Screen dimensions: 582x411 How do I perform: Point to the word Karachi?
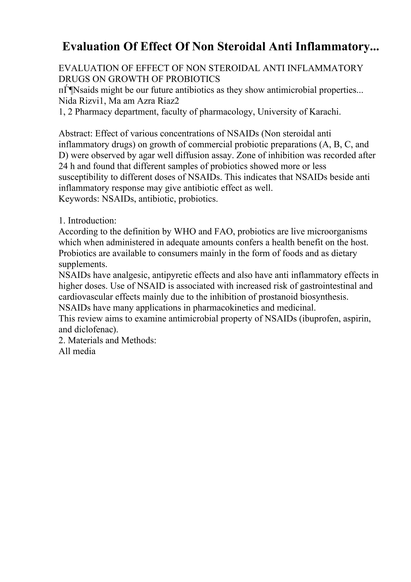click(325, 112)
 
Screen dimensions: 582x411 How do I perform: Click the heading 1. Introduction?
click(87, 221)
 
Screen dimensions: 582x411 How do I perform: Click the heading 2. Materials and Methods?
click(107, 340)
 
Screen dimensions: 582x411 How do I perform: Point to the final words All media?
click(77, 351)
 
